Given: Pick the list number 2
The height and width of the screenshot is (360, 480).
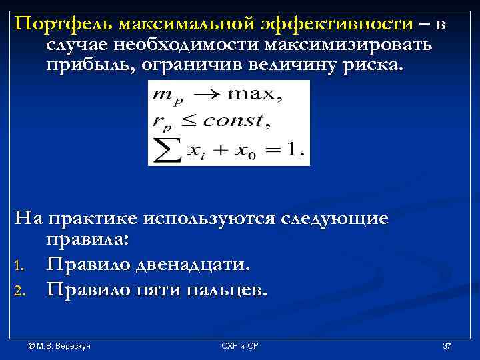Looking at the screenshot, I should (21, 291).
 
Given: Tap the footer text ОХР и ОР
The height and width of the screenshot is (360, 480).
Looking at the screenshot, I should (240, 346).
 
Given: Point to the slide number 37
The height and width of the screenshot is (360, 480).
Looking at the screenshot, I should (447, 346).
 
